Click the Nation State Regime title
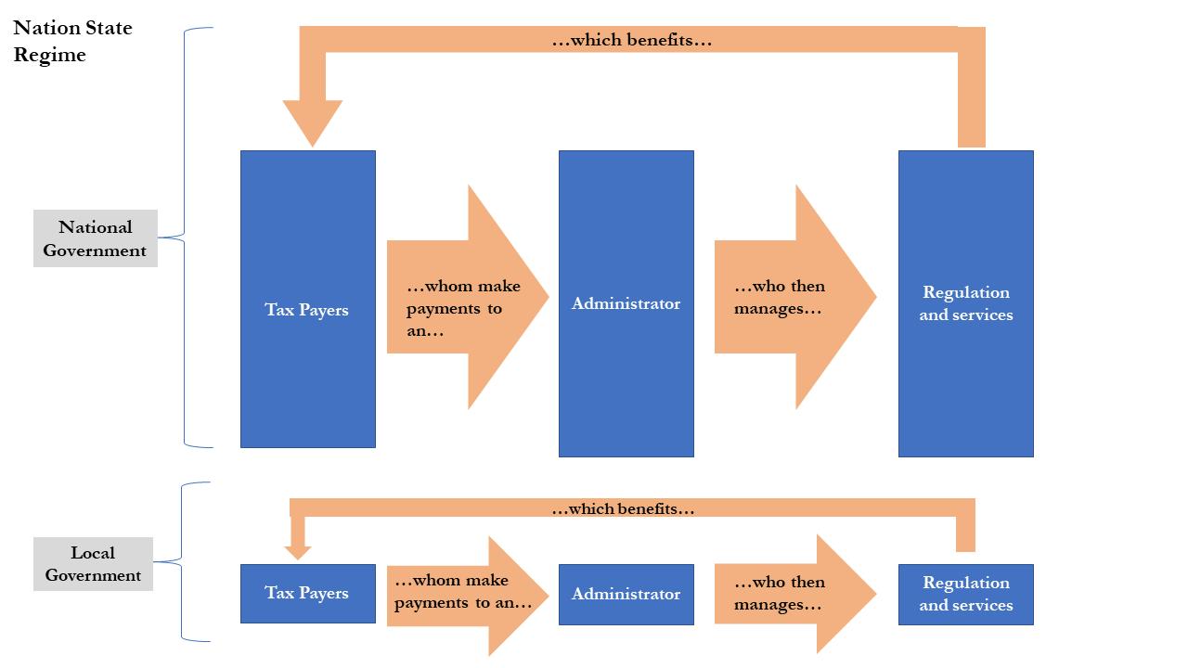click(x=72, y=41)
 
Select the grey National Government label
click(x=96, y=238)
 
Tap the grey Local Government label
click(x=93, y=564)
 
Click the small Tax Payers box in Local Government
click(x=307, y=593)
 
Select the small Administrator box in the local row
click(x=626, y=594)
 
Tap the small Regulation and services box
click(x=965, y=594)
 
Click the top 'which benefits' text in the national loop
click(x=631, y=40)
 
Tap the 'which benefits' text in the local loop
click(x=623, y=508)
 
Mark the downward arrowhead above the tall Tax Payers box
click(x=313, y=122)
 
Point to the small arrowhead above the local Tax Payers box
click(x=298, y=551)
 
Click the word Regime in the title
click(x=49, y=55)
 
